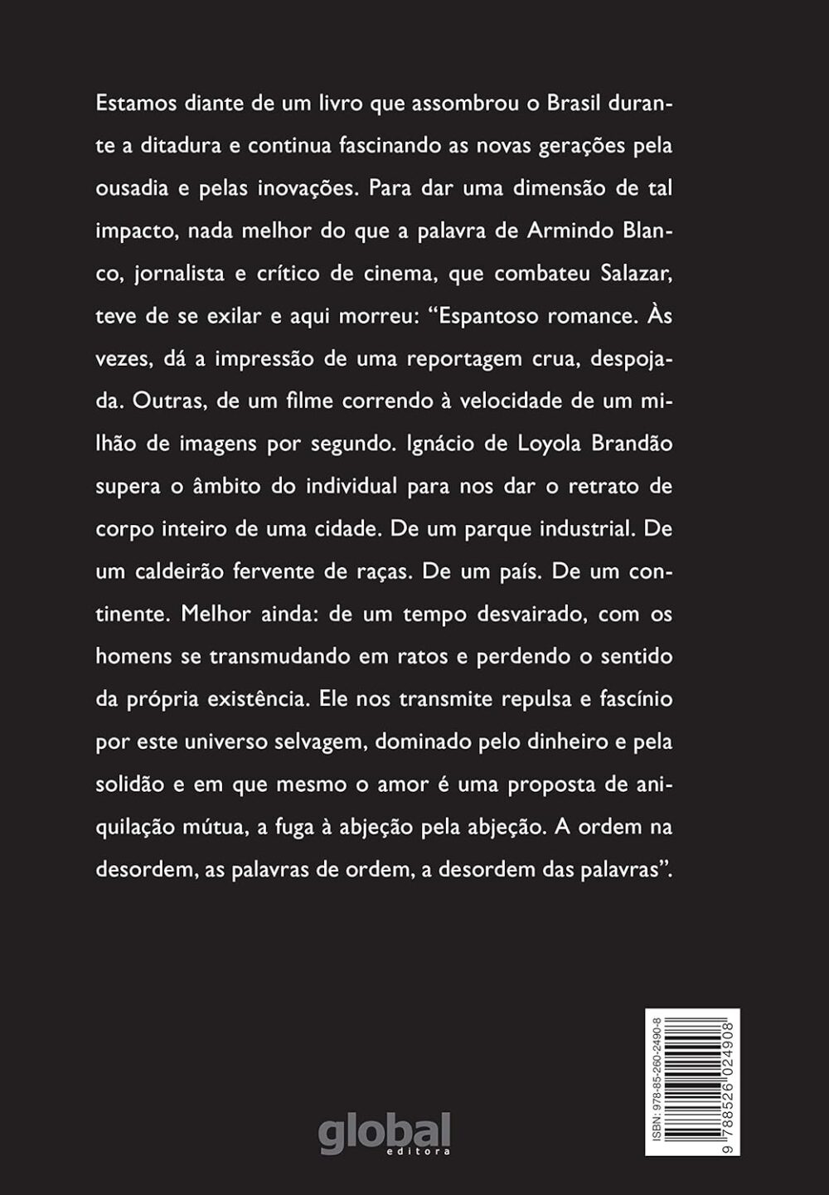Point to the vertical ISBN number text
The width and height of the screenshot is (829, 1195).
click(657, 1081)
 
